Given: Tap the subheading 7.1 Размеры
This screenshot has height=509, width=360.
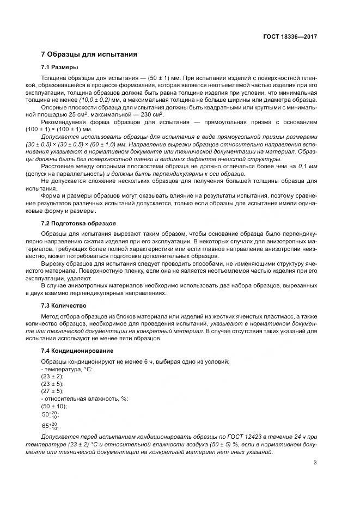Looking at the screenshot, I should [60, 68].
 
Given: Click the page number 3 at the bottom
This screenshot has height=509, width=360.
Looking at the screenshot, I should [315, 463].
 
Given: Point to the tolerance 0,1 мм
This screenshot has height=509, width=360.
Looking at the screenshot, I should [306, 165].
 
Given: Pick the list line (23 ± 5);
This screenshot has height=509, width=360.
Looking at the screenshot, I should [52, 383].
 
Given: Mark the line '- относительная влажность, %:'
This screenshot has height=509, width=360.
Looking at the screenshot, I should [84, 398].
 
